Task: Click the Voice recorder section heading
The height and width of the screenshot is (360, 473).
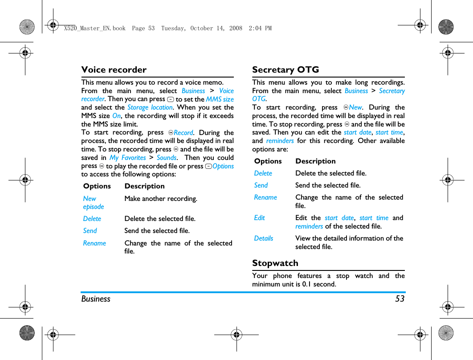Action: [x=114, y=70]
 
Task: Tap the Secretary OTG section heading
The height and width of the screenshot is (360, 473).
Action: [x=285, y=70]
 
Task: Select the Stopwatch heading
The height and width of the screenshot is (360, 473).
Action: [x=275, y=263]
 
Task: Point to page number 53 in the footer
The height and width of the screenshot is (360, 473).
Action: [x=400, y=299]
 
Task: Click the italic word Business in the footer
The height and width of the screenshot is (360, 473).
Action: [x=96, y=299]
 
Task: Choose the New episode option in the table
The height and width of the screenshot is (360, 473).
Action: [x=93, y=203]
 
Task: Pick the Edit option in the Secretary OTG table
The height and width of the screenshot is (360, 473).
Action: [x=259, y=218]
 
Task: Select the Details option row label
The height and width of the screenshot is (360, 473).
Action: [x=264, y=238]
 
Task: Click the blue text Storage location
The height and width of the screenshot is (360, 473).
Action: [x=150, y=107]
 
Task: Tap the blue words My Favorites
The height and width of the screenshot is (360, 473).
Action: [x=127, y=158]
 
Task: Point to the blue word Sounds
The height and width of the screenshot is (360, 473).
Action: [x=167, y=158]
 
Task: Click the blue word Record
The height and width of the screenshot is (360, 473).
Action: [x=183, y=133]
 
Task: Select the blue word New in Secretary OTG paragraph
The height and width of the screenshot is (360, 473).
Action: [x=355, y=107]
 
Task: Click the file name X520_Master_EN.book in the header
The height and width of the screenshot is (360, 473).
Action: [x=94, y=28]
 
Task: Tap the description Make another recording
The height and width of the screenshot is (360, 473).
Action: [x=161, y=199]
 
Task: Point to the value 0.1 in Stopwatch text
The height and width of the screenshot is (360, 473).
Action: [x=307, y=284]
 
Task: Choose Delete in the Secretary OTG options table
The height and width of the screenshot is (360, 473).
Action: [x=263, y=173]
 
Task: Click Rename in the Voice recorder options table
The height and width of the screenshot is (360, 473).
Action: [x=94, y=243]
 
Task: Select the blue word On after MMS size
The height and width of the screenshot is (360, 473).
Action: [x=116, y=116]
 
